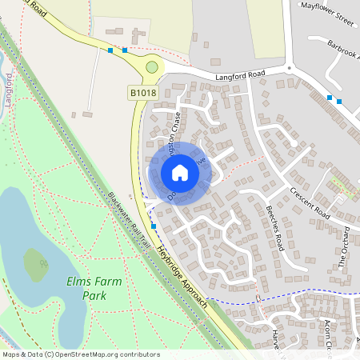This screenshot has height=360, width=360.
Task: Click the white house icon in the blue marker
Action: tap(180, 172)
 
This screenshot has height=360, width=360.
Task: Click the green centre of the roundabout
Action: tap(152, 68)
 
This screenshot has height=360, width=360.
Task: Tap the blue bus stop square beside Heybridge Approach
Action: tap(154, 226)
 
